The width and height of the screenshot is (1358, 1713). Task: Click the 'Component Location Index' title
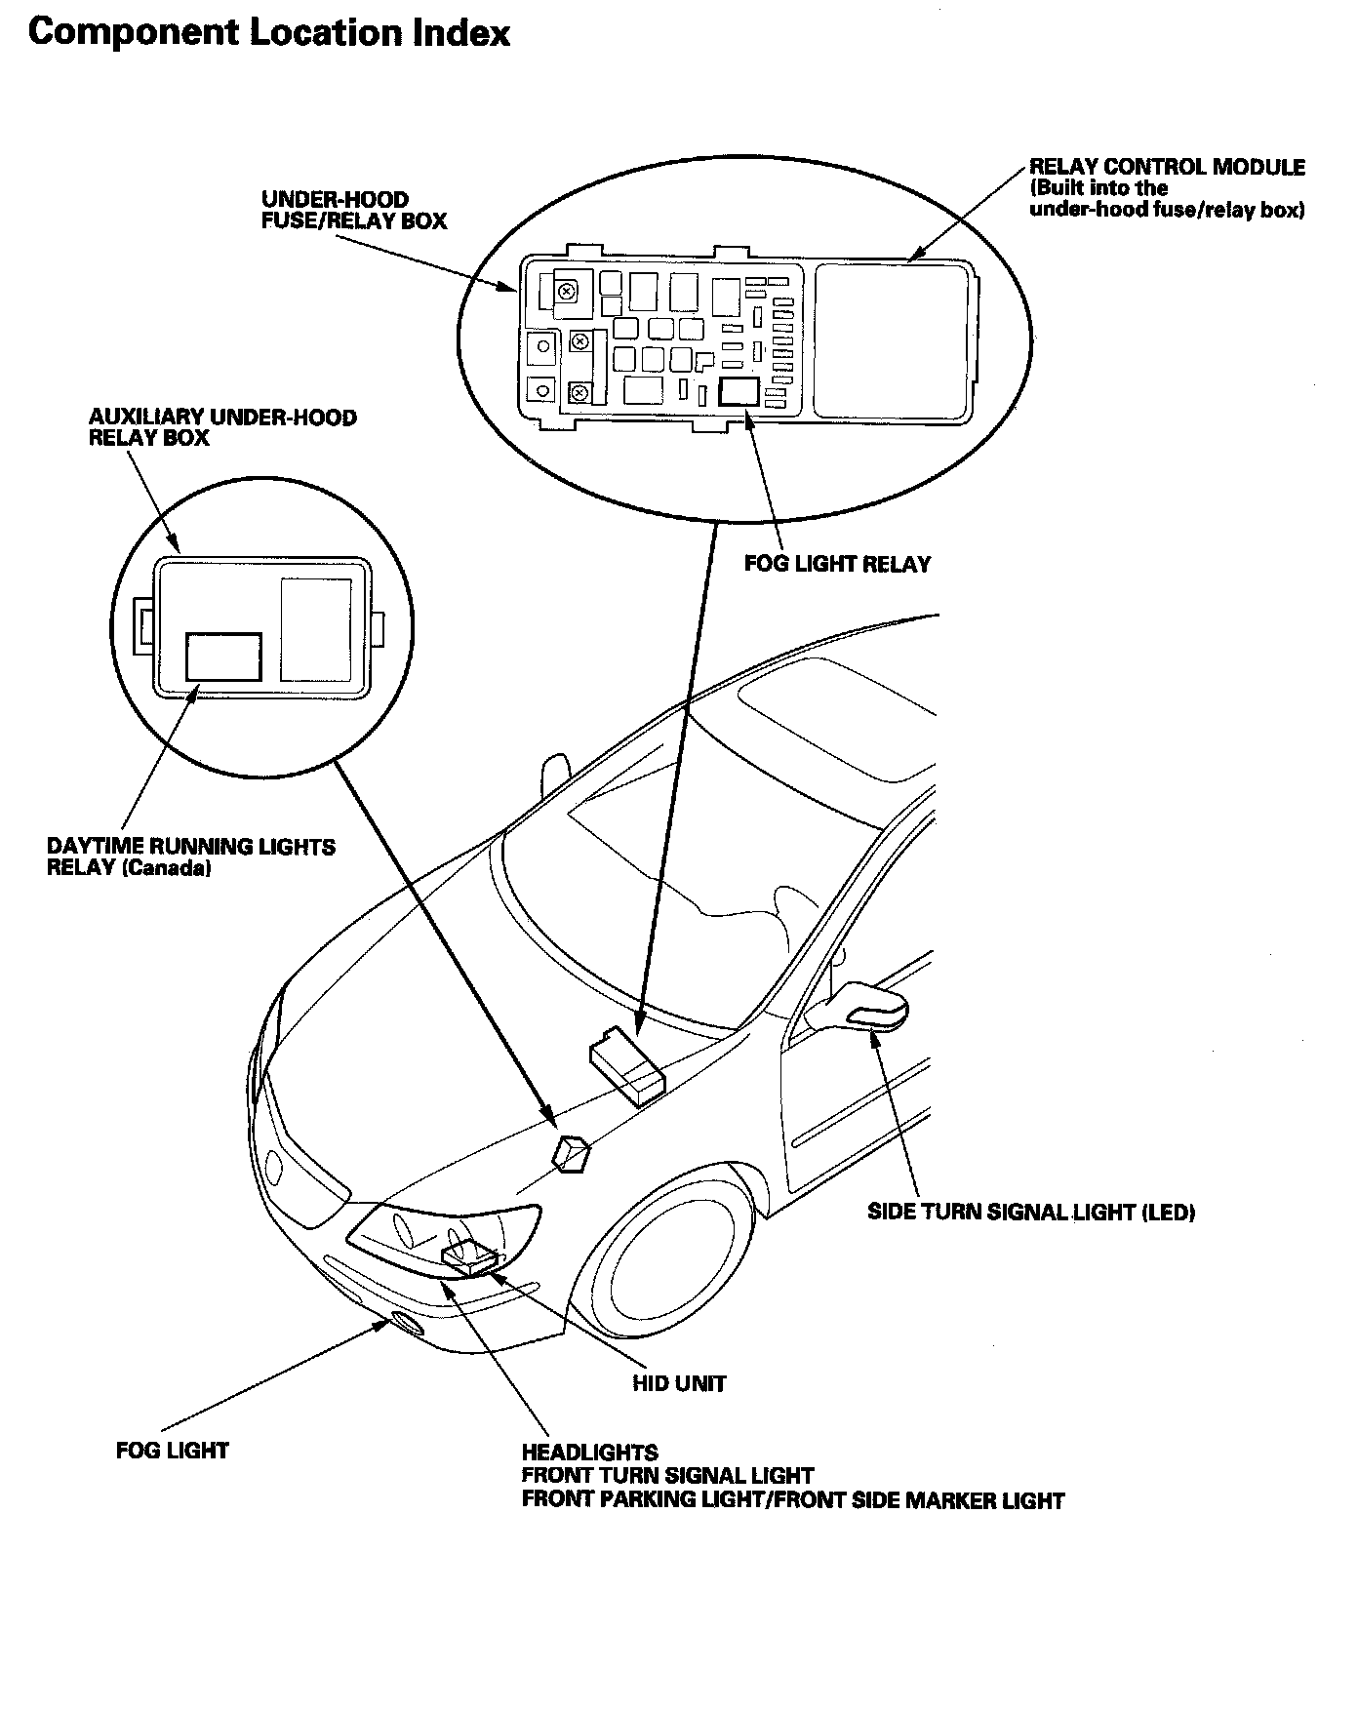tap(268, 33)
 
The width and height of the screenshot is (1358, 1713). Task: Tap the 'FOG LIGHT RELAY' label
tap(837, 564)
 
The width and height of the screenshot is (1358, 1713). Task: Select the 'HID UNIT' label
tap(679, 1383)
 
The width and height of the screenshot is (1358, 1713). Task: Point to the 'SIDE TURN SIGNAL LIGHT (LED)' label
tap(1031, 1213)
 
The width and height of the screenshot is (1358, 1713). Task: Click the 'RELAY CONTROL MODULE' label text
tap(1167, 167)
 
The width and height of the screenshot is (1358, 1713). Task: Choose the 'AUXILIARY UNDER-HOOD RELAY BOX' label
tap(222, 427)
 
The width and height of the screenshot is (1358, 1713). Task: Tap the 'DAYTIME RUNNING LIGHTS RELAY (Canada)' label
tap(190, 857)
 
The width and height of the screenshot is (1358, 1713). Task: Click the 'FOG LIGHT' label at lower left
tap(172, 1451)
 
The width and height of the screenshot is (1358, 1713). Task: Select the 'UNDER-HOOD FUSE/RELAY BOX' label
tap(353, 211)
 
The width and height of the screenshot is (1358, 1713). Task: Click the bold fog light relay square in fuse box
tap(739, 391)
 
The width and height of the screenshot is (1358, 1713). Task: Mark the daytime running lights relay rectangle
tap(223, 657)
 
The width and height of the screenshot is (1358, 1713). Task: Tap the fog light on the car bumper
tap(405, 1324)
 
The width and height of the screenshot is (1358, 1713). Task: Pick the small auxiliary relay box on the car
tap(572, 1152)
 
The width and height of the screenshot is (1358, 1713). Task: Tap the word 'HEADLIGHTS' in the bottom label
tap(589, 1454)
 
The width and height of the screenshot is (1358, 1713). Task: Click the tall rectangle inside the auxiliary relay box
tap(316, 629)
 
